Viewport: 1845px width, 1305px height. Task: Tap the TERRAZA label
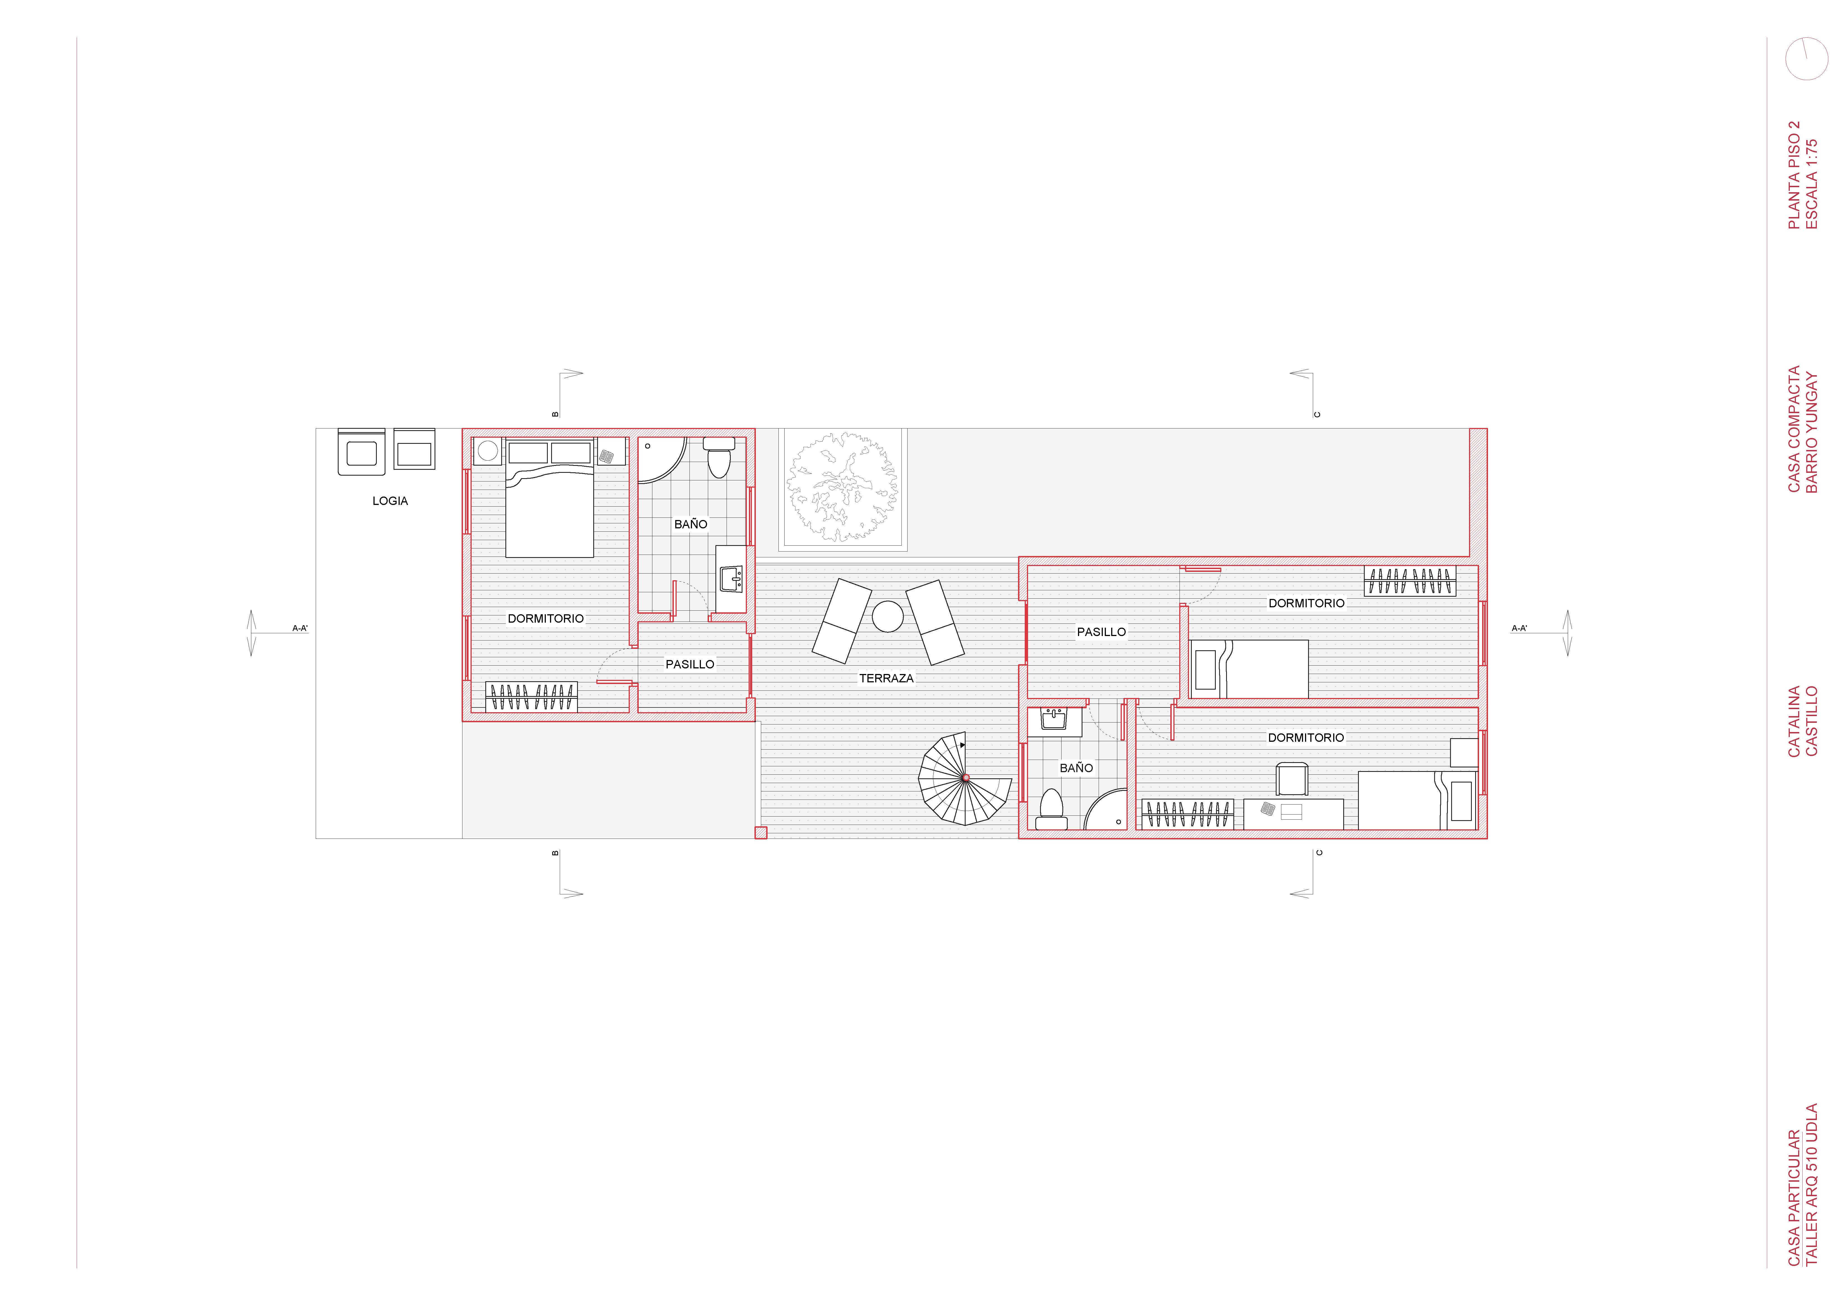(x=886, y=678)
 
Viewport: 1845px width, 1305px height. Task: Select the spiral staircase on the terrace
(x=965, y=778)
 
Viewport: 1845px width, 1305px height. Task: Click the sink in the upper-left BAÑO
(x=730, y=579)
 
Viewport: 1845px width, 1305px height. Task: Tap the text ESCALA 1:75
(x=1811, y=184)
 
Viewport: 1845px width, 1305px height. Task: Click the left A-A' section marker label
(x=300, y=629)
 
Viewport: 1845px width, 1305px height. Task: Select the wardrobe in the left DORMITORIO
(x=531, y=697)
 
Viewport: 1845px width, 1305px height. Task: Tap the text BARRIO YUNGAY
(x=1811, y=432)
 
